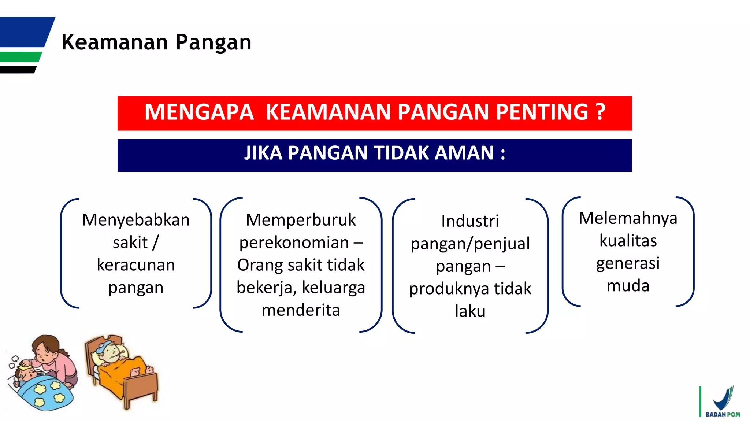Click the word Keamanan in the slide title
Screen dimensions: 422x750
tap(115, 42)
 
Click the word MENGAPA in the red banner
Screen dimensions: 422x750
tap(199, 112)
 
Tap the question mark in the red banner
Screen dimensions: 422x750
tap(600, 112)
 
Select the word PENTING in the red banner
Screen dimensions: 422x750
tap(542, 112)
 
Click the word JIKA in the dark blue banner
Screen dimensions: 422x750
tap(263, 153)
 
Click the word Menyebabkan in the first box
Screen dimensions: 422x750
tap(136, 220)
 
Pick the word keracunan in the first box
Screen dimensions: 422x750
tap(136, 265)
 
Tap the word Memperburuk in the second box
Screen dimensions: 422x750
tap(301, 220)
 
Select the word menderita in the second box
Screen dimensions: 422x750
tap(301, 310)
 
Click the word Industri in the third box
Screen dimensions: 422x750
tap(470, 221)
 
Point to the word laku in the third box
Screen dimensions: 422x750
tap(470, 311)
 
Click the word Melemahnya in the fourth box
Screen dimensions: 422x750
tap(628, 218)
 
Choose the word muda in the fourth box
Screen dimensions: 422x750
tap(628, 286)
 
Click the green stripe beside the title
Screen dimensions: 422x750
tap(20, 57)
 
